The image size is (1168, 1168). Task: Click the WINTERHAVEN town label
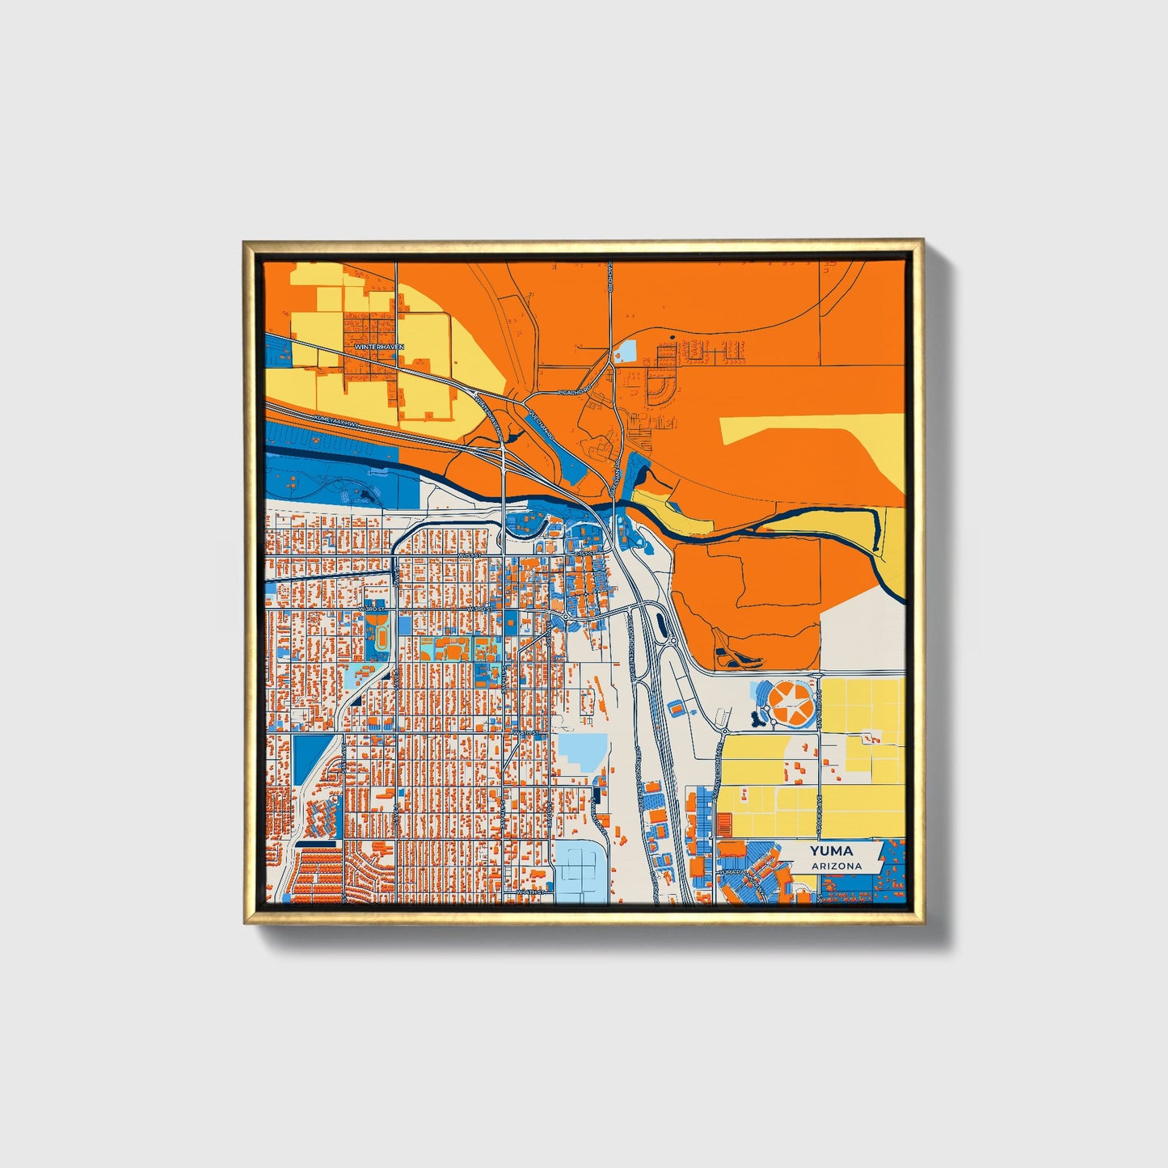point(378,346)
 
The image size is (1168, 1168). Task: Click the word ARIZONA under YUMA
point(837,866)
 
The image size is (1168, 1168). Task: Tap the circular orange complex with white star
point(791,703)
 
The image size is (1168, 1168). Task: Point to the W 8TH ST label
point(526,733)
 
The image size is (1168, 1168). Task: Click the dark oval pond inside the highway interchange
point(662,624)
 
